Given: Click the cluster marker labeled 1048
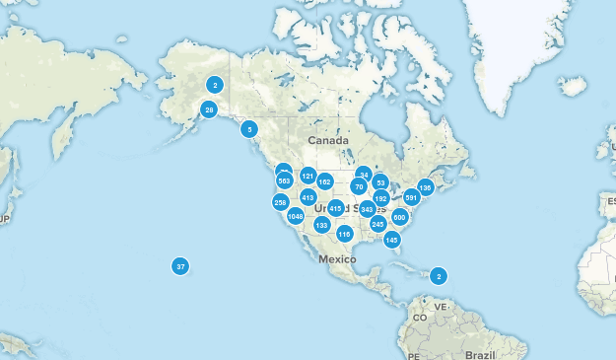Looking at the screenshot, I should [x=295, y=216].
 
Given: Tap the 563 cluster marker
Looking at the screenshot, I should [x=284, y=180].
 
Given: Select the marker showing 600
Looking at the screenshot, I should [x=399, y=217].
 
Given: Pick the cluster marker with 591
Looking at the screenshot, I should [x=411, y=197].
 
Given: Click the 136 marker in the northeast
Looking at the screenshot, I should [x=426, y=187].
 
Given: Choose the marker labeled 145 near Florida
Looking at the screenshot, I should [x=392, y=240].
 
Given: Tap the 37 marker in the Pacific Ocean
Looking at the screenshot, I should [x=180, y=266].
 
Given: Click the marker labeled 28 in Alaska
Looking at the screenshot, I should [x=209, y=109].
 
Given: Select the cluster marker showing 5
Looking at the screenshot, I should [x=249, y=128].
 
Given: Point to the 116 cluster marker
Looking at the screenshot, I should [x=344, y=234].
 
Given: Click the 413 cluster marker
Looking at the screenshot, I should [x=308, y=197].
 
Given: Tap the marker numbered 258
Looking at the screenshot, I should [x=281, y=202].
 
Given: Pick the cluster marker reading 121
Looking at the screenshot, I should [x=308, y=177].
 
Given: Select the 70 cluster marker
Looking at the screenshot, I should [x=359, y=186].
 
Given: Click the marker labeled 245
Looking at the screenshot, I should [x=377, y=225].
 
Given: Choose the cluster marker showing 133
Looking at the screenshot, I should [x=321, y=225].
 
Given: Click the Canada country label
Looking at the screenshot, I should [x=328, y=140].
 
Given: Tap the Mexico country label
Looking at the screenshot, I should [x=336, y=258].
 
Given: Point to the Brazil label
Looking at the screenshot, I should [x=481, y=353].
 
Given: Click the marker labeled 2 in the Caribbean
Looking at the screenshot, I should [x=439, y=275].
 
